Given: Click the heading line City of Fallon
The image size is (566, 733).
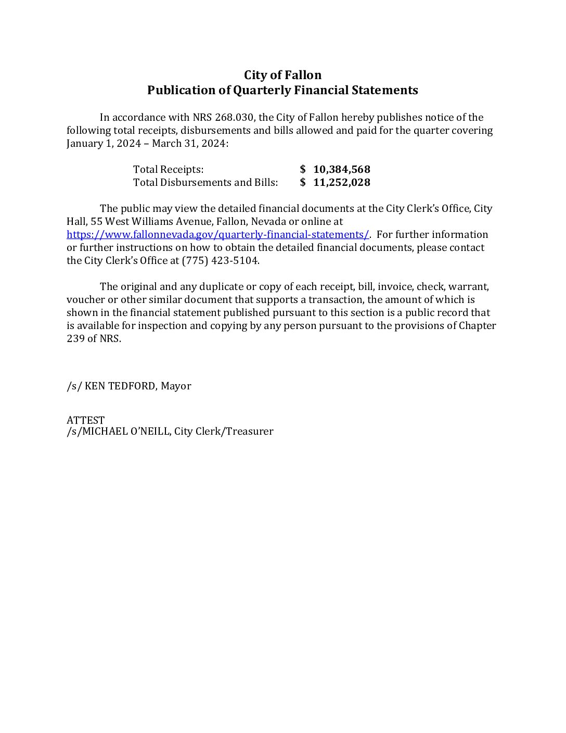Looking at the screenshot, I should pos(282,75).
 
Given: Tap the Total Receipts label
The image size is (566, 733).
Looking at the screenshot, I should pos(168,169).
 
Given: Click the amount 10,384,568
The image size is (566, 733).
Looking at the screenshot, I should pos(342,169).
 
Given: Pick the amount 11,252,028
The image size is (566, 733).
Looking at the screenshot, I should pos(342,182).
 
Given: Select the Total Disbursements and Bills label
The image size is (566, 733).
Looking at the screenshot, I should pos(205,182).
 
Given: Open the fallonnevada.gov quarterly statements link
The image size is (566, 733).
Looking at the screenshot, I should pos(217,234).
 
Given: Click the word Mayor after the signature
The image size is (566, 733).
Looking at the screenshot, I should pos(176,386).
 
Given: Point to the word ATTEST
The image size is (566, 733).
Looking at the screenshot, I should pos(85,420).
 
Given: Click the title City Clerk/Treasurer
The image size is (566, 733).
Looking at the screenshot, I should pos(224,431).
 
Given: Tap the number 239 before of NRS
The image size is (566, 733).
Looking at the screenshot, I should pos(75,338).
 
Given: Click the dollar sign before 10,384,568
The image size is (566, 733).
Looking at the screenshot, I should pos(303,169).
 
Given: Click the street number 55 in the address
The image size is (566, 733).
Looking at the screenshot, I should pos(96,221).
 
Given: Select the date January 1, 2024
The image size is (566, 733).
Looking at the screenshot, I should pos(104,143).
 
